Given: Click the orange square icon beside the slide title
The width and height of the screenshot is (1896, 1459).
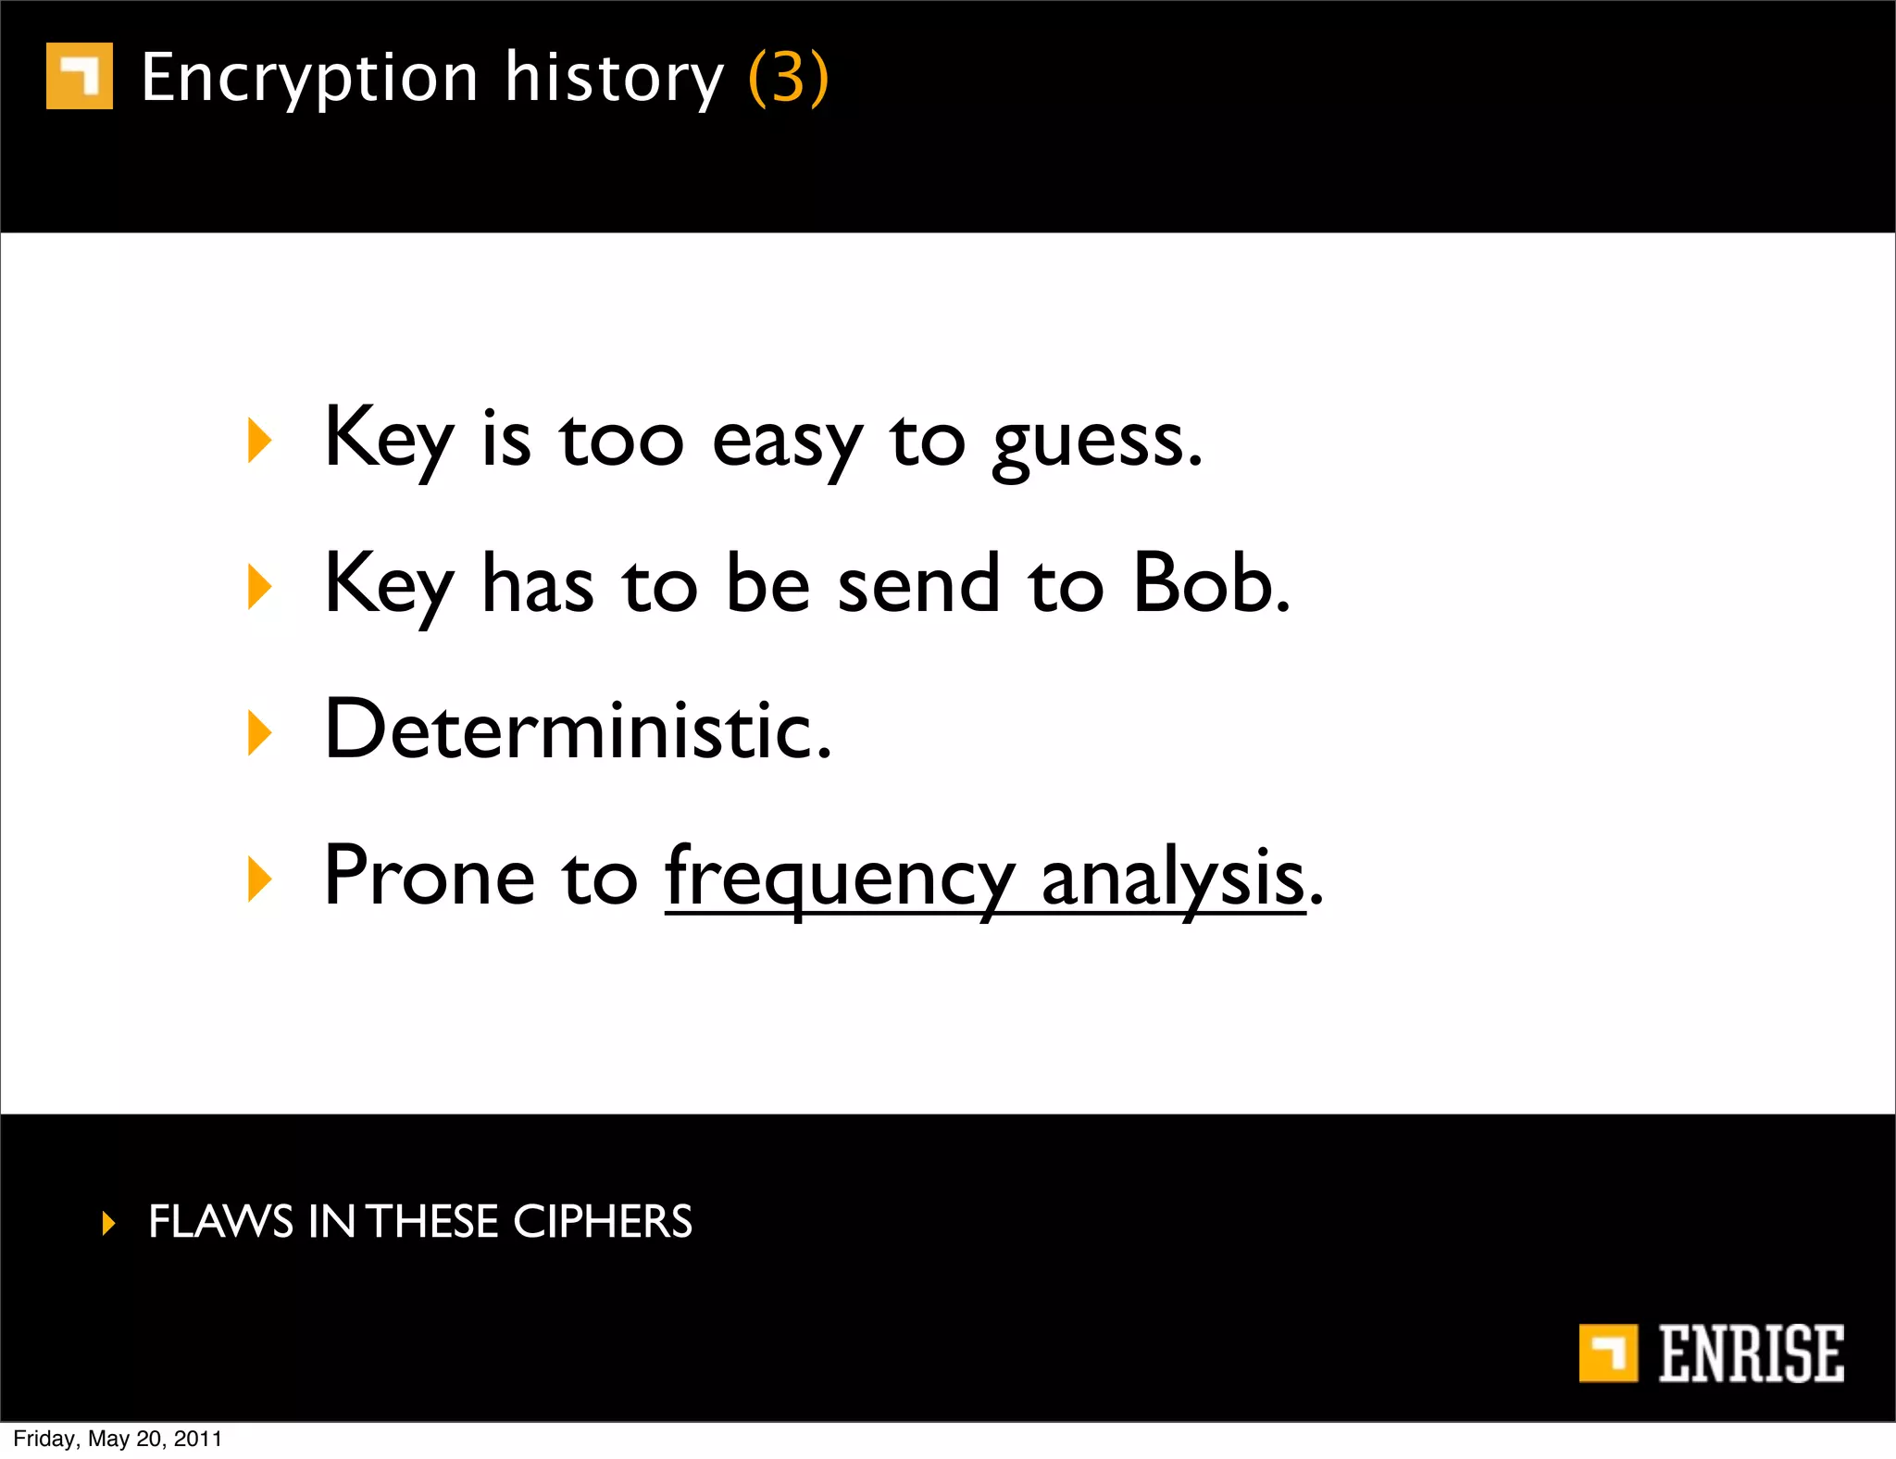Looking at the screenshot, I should [80, 76].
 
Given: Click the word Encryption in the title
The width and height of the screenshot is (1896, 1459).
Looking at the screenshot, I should [309, 78].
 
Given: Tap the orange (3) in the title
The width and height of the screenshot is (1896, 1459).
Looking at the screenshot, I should [788, 78].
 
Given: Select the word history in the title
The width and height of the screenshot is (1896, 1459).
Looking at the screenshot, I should [614, 78].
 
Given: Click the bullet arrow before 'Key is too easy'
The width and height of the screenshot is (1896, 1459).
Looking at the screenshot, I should [260, 441].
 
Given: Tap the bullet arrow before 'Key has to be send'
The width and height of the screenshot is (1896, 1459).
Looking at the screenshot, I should [260, 587].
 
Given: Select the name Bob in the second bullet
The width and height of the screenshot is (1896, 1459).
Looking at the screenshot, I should [1210, 583].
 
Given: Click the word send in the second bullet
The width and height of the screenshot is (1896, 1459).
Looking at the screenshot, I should [918, 583].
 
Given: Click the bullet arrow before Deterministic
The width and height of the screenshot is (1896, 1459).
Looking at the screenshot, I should [260, 733].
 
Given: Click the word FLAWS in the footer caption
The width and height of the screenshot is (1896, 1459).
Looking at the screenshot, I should [220, 1222].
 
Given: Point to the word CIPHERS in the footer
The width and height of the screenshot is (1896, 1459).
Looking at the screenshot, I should [602, 1222].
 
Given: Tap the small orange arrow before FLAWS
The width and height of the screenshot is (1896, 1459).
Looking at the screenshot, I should [109, 1223].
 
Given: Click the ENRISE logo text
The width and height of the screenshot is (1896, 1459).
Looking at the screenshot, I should [1750, 1353].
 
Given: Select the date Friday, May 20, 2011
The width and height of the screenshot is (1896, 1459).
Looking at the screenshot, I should [118, 1439].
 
